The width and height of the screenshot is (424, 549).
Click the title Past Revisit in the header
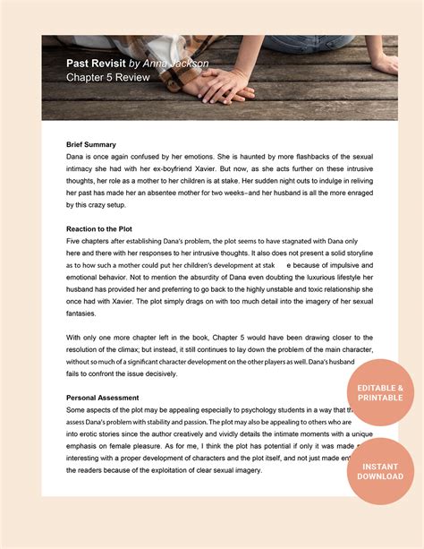pyautogui.click(x=96, y=64)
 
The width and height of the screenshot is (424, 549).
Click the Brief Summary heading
pyautogui.click(x=91, y=144)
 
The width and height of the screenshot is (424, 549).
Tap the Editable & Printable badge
pyautogui.click(x=386, y=392)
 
